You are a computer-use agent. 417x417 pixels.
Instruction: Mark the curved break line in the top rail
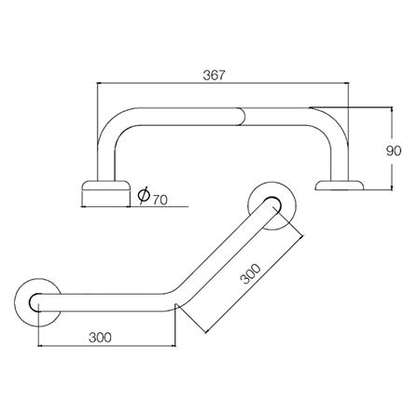[x=245, y=115]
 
